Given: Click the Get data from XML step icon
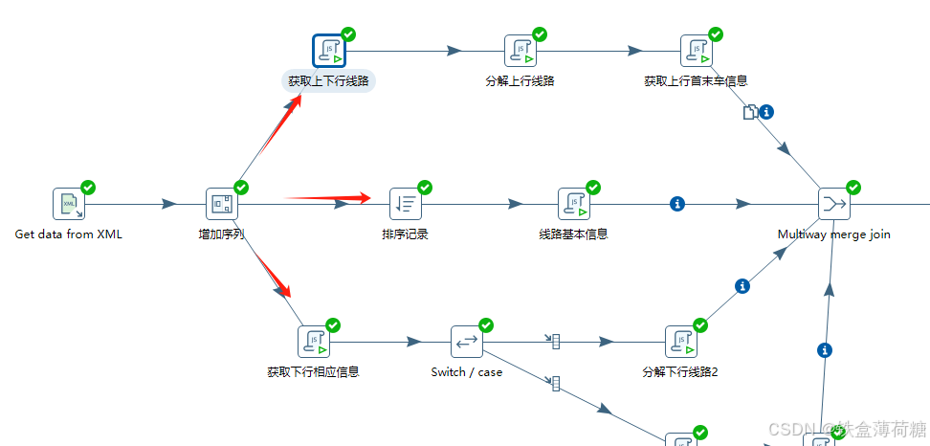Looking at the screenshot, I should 68,204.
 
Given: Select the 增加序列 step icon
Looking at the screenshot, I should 221,204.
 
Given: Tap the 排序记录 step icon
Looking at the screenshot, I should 405,204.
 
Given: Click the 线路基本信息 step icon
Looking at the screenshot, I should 573,204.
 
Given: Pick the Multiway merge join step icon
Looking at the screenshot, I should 833,204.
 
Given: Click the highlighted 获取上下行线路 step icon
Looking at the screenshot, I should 328,51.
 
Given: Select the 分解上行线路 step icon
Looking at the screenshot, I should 520,51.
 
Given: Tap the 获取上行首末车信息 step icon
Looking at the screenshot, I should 696,51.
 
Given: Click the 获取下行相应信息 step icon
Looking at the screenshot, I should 313,342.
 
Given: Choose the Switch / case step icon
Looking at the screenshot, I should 466,342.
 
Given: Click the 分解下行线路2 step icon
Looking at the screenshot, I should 680,342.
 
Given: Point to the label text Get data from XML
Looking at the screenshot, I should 69,234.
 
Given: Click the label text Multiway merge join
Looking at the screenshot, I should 834,234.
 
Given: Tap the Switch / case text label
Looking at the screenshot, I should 467,372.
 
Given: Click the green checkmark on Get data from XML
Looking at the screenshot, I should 88,188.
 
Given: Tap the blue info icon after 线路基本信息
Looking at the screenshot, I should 678,203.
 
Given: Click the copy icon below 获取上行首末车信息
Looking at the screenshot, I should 750,112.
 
